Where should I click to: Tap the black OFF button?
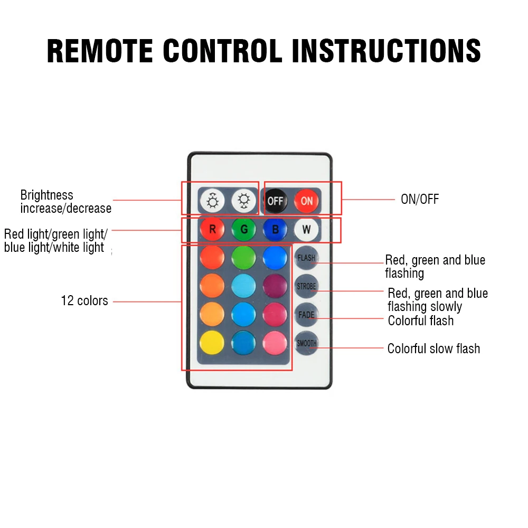[x=276, y=201]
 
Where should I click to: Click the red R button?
[x=212, y=229]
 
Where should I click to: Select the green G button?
[x=243, y=229]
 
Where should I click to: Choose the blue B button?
[x=275, y=229]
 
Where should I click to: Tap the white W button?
[x=306, y=229]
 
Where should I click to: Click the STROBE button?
[x=306, y=286]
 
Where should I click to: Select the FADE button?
[x=306, y=315]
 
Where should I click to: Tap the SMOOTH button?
[x=306, y=343]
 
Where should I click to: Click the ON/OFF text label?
[x=420, y=200]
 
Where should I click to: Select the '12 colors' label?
[x=84, y=301]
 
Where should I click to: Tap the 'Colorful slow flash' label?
[x=433, y=348]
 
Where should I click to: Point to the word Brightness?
[x=46, y=195]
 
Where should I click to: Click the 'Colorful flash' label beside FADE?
[x=420, y=320]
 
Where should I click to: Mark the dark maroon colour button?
[x=275, y=286]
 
